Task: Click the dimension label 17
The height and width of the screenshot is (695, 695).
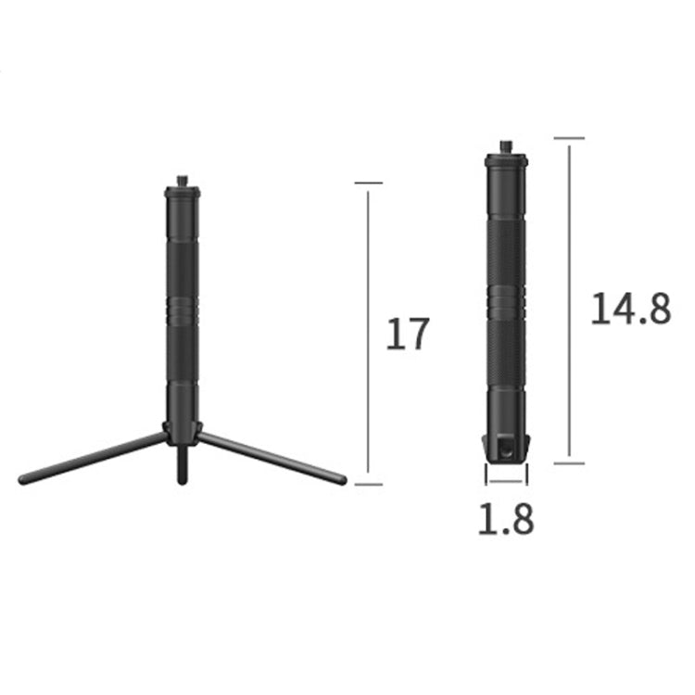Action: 408,334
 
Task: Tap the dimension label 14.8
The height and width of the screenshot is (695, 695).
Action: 630,308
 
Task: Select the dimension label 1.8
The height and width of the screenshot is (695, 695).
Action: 505,520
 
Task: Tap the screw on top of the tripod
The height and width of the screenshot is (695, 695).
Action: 182,180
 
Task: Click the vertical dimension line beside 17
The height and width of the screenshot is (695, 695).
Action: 369,334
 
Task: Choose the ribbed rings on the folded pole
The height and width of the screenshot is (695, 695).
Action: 506,301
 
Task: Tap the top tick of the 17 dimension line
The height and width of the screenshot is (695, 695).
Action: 369,183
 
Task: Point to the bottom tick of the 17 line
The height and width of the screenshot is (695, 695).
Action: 369,484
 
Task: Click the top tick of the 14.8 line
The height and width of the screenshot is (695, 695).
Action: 569,139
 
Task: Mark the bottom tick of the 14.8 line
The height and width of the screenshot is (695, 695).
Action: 569,461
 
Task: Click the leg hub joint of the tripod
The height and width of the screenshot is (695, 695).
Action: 182,429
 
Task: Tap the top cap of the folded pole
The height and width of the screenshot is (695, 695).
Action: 506,161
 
